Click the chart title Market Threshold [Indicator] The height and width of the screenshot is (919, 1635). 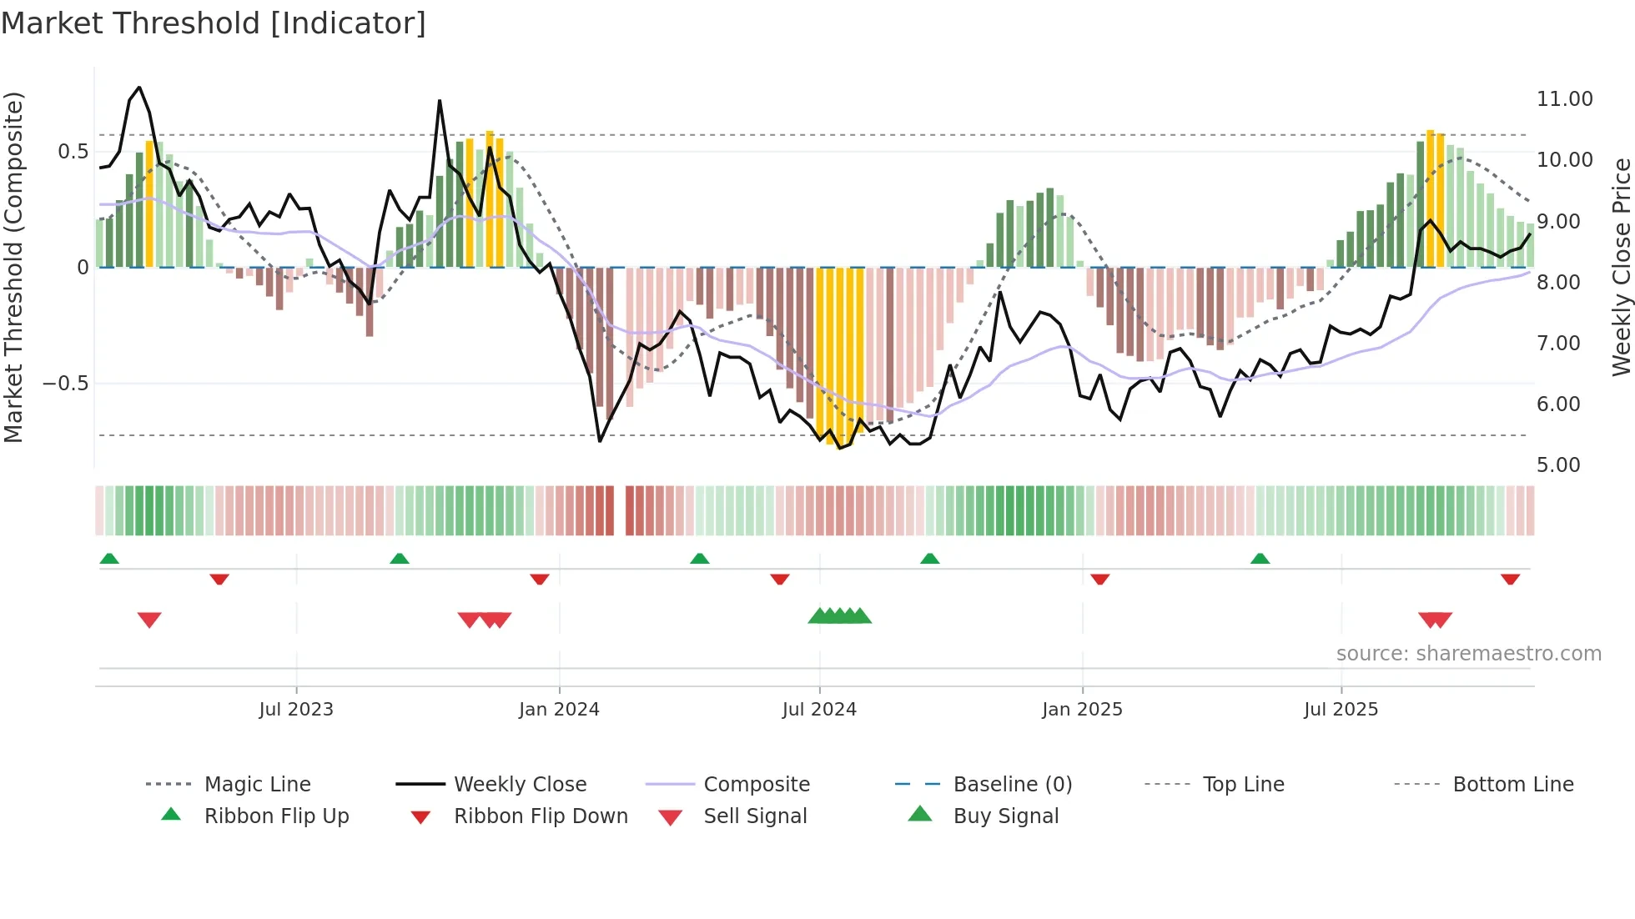[x=214, y=23]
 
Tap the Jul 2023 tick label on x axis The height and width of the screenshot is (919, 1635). [x=295, y=710]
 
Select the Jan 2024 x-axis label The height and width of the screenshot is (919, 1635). [x=559, y=710]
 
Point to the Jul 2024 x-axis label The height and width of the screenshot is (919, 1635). [x=819, y=710]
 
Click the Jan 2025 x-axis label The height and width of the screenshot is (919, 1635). [x=1082, y=710]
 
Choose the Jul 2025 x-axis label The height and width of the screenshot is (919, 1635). [x=1341, y=710]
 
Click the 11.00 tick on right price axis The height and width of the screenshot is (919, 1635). [x=1564, y=99]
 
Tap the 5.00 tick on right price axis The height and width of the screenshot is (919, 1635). [x=1557, y=465]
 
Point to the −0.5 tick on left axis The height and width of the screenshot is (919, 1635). [x=65, y=384]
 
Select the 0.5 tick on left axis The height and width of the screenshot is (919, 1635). [x=73, y=152]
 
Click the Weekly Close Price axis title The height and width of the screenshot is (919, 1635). [x=1621, y=267]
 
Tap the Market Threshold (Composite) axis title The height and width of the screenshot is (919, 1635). [x=13, y=267]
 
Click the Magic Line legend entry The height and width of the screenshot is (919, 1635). [x=257, y=785]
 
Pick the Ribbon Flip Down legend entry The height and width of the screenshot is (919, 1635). [x=540, y=816]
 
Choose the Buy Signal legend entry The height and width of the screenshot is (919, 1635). [x=1005, y=816]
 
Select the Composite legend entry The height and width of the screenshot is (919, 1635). [x=756, y=785]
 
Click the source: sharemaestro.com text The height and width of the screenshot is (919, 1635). [x=1468, y=654]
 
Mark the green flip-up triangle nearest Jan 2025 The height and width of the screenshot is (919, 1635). [x=929, y=559]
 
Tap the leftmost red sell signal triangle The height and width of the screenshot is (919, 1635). [x=149, y=620]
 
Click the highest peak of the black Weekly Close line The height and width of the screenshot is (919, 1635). [x=139, y=88]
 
